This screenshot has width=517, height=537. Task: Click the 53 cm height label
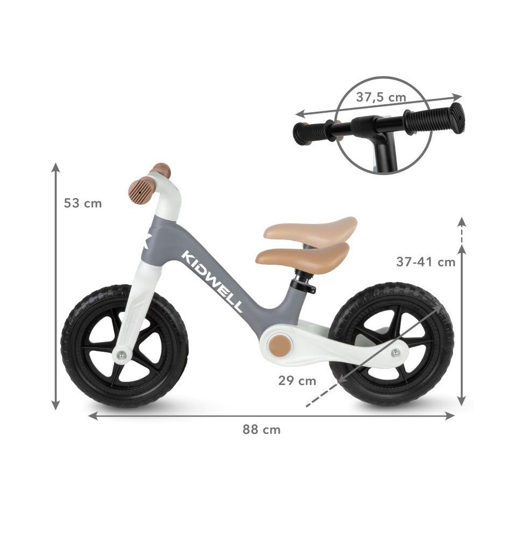click(x=83, y=204)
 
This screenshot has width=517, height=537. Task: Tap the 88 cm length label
click(x=261, y=430)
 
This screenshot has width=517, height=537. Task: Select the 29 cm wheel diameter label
click(x=297, y=381)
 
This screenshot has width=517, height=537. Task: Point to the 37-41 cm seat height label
click(x=426, y=262)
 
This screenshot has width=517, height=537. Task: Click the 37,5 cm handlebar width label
click(x=381, y=97)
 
